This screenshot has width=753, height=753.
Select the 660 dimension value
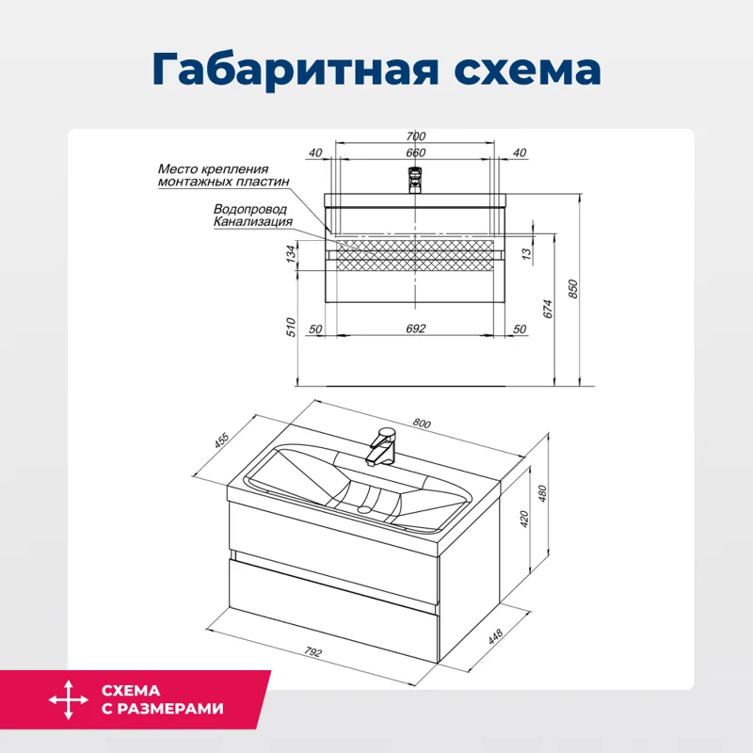[416, 153]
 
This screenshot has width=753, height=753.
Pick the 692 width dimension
[416, 328]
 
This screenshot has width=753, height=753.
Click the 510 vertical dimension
[292, 328]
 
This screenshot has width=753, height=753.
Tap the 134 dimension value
[292, 253]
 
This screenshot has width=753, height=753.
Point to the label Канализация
[252, 222]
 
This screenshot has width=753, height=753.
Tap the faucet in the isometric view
[380, 446]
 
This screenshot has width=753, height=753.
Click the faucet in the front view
[415, 178]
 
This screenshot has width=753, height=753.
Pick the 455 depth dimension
[222, 442]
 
